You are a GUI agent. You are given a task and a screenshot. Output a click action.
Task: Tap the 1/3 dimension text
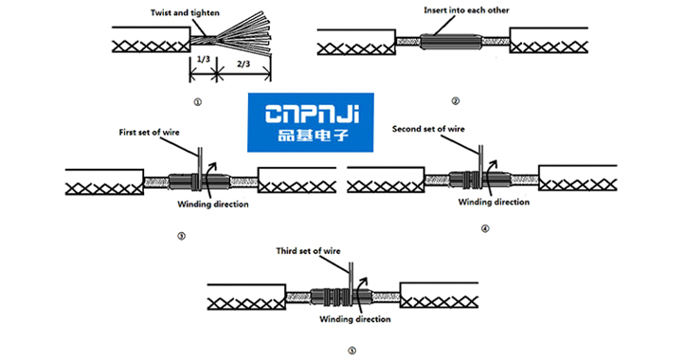(203, 62)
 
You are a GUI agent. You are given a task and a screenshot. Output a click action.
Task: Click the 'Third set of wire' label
(308, 251)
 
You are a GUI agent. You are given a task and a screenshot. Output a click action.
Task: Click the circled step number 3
(181, 236)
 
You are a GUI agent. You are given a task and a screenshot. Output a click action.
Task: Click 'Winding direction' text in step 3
(212, 205)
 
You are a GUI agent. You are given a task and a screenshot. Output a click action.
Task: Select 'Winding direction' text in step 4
(493, 202)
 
